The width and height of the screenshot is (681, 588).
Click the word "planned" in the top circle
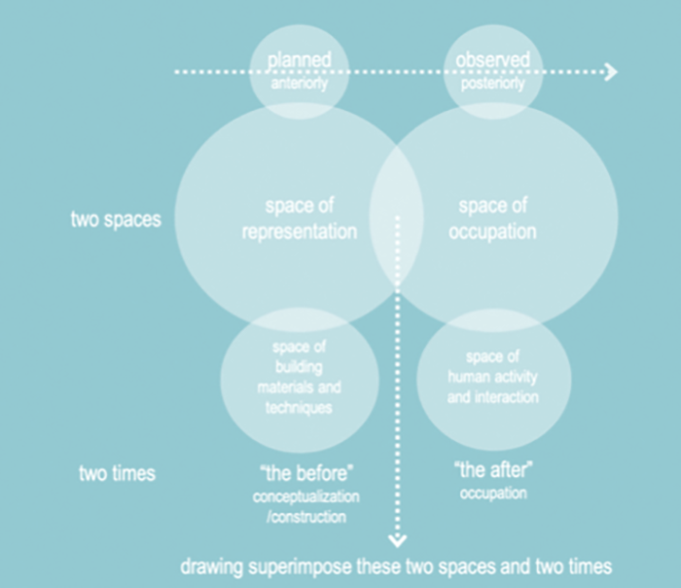[299, 60]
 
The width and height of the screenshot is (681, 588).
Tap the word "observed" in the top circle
[493, 60]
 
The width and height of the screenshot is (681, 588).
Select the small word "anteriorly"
[299, 84]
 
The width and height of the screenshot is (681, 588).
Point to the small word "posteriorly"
[493, 84]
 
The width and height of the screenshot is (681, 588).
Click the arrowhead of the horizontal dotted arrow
[610, 71]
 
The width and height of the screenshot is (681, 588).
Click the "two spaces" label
[116, 219]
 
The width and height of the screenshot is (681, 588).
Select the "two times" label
[117, 474]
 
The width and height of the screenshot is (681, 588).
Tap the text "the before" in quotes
[306, 473]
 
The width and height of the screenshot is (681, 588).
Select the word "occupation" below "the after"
[492, 494]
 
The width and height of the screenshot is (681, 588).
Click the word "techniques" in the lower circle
[299, 408]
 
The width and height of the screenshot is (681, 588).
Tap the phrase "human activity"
[493, 378]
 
